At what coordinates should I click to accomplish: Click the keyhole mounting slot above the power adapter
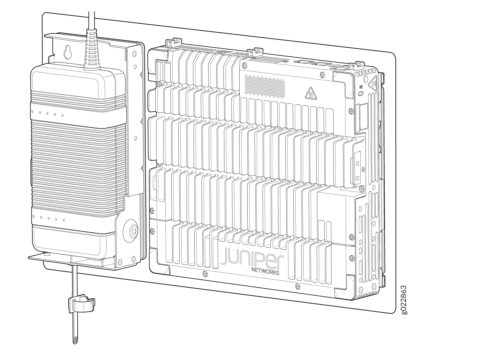(68, 52)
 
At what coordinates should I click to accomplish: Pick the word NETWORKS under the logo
(265, 271)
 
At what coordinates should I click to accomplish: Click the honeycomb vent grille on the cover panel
(265, 87)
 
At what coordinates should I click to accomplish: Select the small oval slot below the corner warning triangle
(361, 94)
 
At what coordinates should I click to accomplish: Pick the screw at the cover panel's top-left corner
(246, 66)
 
